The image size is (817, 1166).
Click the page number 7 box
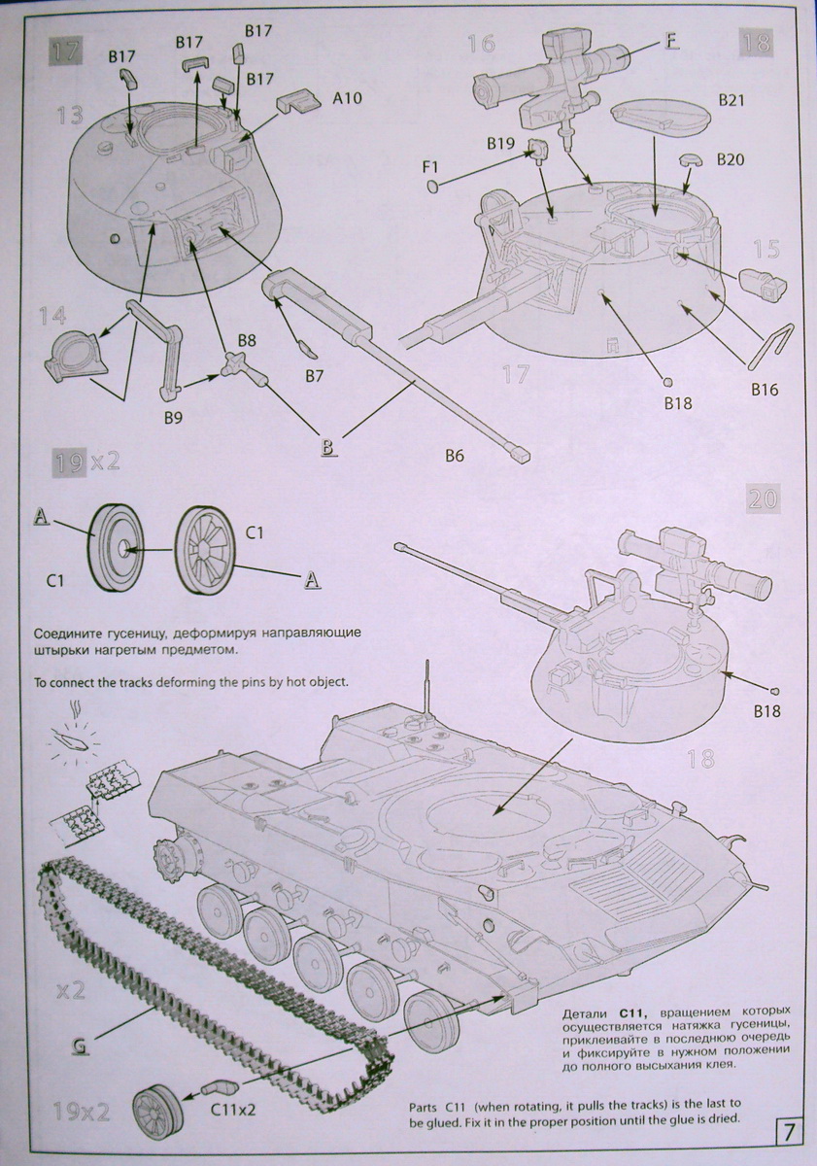click(x=789, y=1132)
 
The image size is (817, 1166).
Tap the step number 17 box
click(x=65, y=53)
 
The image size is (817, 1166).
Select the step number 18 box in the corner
click(x=756, y=42)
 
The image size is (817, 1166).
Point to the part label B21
click(x=731, y=100)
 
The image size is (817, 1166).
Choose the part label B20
click(x=732, y=159)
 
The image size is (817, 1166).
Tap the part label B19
click(x=501, y=144)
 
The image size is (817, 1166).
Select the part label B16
click(x=765, y=390)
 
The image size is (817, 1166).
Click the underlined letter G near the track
click(x=82, y=1046)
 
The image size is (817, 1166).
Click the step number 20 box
click(x=762, y=499)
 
